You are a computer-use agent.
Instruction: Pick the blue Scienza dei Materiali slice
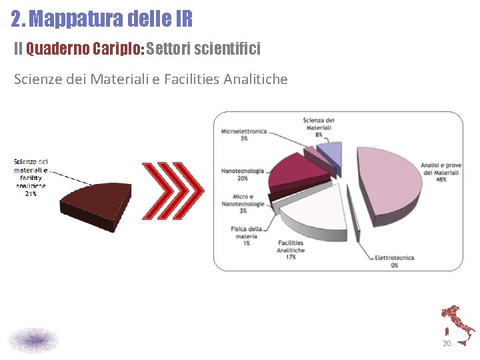330,155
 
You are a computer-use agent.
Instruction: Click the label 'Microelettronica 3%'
244,135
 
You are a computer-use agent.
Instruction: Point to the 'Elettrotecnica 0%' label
394,261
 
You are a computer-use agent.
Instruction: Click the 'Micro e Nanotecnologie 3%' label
243,203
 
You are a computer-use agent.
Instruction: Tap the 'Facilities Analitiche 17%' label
291,249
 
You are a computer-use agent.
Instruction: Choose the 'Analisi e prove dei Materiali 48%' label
440,172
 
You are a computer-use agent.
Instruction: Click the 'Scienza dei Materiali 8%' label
319,127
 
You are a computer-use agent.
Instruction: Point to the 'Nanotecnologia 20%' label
243,174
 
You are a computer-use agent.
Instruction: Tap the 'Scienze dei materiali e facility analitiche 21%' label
31,177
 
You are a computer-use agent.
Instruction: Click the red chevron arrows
172,191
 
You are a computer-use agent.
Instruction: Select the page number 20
447,343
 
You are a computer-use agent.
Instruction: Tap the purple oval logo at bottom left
33,340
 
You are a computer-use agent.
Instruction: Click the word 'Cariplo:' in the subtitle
117,49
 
